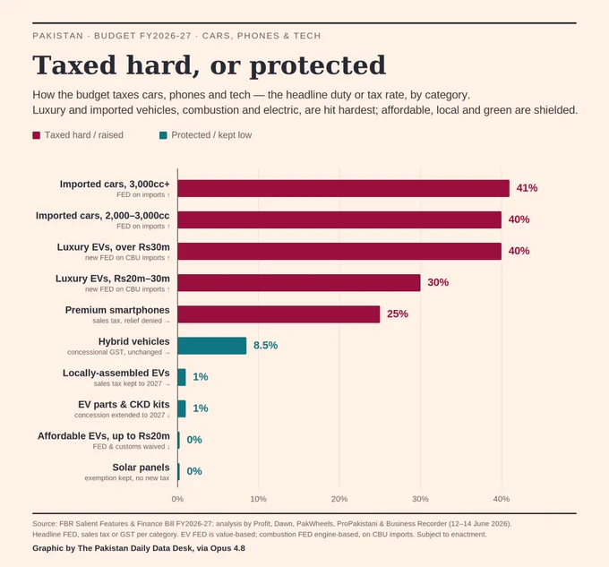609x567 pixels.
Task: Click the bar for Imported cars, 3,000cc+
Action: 343,188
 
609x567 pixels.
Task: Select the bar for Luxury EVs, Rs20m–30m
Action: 299,283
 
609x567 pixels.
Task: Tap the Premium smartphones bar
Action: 279,314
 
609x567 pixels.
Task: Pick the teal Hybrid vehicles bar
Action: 212,346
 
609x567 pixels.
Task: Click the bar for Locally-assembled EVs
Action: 182,377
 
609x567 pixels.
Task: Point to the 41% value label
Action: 527,188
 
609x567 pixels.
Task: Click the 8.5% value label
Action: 265,345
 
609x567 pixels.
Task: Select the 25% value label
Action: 398,314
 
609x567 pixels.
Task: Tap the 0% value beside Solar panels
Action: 194,471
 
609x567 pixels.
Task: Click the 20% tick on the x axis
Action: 339,499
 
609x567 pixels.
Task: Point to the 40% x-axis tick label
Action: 501,499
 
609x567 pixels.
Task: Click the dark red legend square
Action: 36,135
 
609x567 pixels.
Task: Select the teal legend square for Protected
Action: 163,135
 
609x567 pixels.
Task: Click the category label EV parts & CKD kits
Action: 124,404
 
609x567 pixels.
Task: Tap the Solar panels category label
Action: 141,468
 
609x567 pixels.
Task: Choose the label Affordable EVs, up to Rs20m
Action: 104,436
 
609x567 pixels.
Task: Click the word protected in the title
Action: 318,65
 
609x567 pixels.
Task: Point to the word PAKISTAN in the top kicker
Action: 58,36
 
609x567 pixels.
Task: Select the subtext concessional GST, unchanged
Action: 115,352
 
